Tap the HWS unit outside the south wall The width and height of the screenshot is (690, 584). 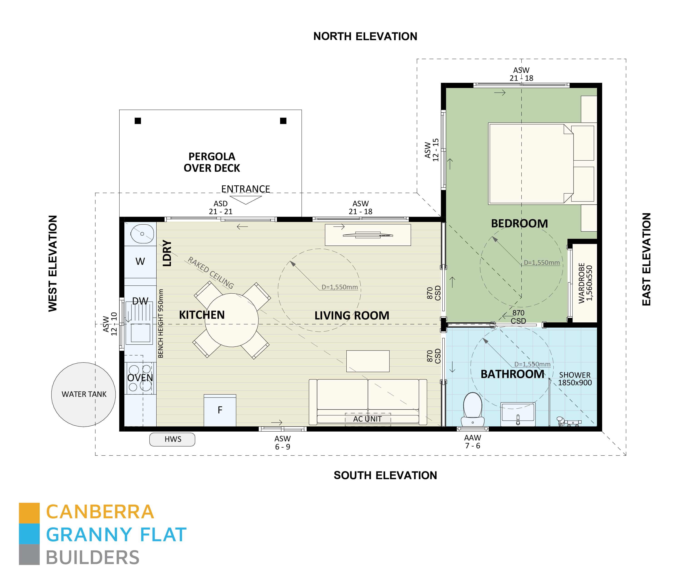(172, 439)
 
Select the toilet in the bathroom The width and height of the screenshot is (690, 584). (473, 410)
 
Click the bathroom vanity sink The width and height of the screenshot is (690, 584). (518, 414)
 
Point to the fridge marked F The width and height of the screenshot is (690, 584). (220, 410)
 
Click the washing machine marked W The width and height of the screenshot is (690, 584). (140, 262)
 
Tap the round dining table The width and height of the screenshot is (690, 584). (232, 320)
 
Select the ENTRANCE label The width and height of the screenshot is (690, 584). (245, 189)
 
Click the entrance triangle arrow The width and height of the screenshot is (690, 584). (245, 200)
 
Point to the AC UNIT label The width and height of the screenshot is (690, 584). (367, 419)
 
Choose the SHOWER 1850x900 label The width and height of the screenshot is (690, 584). (575, 379)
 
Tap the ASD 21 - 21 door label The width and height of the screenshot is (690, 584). (221, 208)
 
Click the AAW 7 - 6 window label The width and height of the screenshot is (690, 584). (472, 442)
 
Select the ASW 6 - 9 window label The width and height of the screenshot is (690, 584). (283, 443)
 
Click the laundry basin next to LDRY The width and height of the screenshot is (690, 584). (142, 233)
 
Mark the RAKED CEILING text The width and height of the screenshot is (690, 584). (211, 273)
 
